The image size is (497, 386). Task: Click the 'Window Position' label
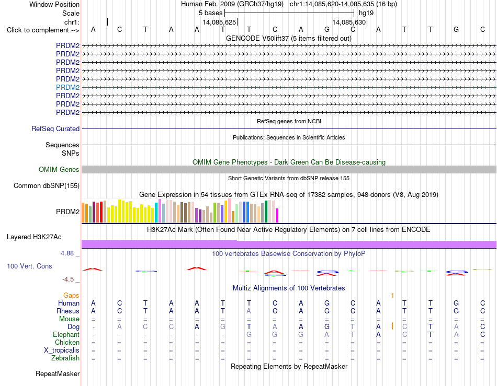54,4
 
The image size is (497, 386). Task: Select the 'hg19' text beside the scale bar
366,13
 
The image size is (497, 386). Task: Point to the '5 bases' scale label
210,13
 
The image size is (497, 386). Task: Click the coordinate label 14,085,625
219,22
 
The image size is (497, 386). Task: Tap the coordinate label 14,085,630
349,22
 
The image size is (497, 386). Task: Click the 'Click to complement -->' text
43,30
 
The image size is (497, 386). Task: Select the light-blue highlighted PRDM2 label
67,87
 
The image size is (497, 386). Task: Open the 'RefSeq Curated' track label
55,129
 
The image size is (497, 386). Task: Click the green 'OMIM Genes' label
59,170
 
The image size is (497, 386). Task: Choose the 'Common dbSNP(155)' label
46,186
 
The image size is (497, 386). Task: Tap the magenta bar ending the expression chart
277,216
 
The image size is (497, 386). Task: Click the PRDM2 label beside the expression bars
67,212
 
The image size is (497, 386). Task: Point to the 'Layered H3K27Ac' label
34,237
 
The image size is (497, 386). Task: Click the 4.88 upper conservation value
67,253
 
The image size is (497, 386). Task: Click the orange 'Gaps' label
71,295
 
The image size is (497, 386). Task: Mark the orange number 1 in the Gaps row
392,296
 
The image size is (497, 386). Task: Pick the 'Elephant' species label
66,335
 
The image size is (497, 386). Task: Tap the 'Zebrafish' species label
65,358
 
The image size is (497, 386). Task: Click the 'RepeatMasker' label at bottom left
58,374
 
